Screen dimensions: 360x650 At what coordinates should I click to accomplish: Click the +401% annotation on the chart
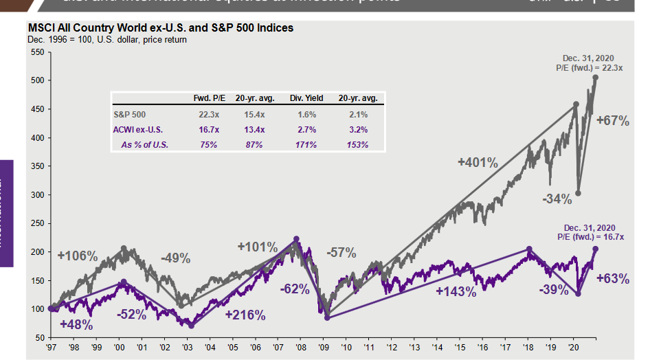tap(478, 163)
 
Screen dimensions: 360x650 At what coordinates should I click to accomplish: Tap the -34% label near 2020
tap(557, 199)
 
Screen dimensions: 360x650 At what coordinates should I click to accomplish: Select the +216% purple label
tap(245, 315)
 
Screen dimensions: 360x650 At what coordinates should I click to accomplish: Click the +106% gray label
tap(77, 256)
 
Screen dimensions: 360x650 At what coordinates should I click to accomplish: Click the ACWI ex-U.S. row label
tap(137, 130)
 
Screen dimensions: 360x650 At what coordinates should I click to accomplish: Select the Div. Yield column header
tap(306, 99)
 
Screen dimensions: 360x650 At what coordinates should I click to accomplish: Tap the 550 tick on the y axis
tap(37, 52)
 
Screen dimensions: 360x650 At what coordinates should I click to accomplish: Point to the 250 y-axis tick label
tap(37, 224)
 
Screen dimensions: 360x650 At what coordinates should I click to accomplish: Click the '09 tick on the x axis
tap(322, 348)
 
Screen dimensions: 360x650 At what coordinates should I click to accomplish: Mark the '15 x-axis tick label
tap(458, 348)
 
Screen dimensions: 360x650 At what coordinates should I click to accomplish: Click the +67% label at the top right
tap(614, 121)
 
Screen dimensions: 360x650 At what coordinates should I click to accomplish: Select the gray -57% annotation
tap(341, 253)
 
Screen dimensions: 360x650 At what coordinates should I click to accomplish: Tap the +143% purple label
tap(456, 291)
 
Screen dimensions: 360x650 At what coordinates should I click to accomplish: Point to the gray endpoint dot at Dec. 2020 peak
tap(595, 78)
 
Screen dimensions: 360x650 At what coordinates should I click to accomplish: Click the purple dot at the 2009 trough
tap(327, 317)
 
